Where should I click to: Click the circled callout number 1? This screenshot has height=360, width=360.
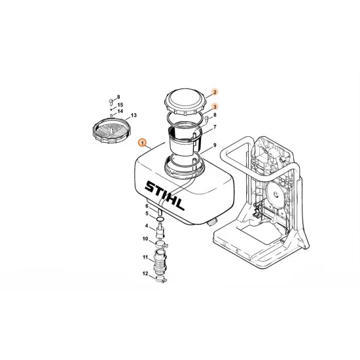pos(143,143)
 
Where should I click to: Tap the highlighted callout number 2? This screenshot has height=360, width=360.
pos(215,92)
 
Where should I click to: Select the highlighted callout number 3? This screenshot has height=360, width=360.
pos(215,107)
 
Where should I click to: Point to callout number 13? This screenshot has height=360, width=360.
pos(134,115)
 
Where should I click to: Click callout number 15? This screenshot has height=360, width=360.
pos(120,105)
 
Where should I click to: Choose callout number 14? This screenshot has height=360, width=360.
pos(120,111)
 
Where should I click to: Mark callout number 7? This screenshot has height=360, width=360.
pos(215,127)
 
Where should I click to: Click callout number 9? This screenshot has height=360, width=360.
pos(215,145)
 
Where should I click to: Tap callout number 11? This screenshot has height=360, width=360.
pos(145,257)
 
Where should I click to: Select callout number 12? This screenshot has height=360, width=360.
pos(145,274)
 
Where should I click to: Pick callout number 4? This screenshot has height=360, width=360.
pos(147,226)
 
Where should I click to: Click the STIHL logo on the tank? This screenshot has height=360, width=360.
pos(164,196)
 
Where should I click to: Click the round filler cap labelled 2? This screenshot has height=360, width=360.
pos(185,101)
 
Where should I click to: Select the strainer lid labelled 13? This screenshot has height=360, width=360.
pos(112,130)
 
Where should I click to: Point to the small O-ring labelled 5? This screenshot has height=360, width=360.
pos(160,219)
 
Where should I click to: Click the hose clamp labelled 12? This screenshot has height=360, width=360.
pos(161,279)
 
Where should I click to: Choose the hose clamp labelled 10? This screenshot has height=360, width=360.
pos(162,244)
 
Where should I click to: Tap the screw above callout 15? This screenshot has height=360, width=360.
pos(111,101)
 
